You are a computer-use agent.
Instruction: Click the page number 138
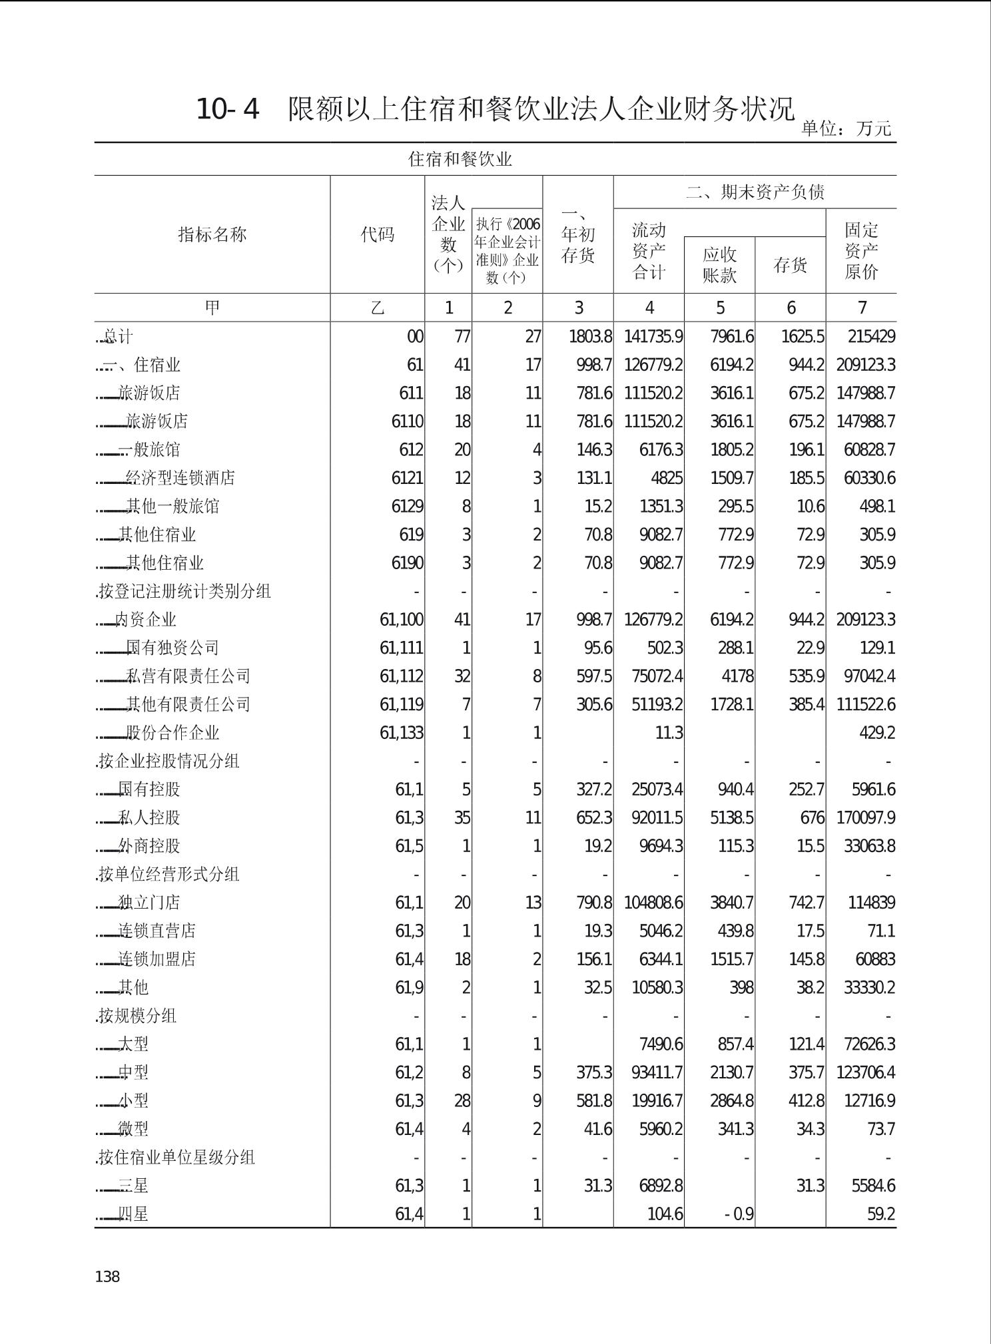(107, 1276)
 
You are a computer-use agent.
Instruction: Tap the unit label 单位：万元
(846, 128)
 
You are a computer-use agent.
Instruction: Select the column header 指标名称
(212, 234)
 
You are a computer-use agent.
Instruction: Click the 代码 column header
(377, 234)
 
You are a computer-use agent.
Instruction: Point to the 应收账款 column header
(719, 265)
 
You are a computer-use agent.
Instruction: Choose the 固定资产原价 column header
(861, 251)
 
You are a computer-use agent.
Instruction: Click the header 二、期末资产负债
(755, 192)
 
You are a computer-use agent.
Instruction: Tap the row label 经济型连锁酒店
(180, 478)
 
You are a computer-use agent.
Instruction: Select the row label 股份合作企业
(172, 733)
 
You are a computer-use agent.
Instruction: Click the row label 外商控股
(149, 846)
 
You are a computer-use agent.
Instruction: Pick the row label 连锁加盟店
(157, 959)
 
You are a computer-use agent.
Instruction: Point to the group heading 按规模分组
(137, 1016)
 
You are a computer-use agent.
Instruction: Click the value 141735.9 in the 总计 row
(653, 337)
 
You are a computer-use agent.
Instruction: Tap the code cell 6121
(407, 478)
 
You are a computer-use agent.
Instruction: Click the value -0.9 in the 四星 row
(739, 1214)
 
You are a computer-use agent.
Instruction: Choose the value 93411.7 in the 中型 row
(657, 1072)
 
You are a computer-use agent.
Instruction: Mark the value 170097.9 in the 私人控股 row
(865, 817)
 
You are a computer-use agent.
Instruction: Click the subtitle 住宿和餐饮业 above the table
(460, 159)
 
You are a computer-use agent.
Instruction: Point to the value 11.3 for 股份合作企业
(669, 733)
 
